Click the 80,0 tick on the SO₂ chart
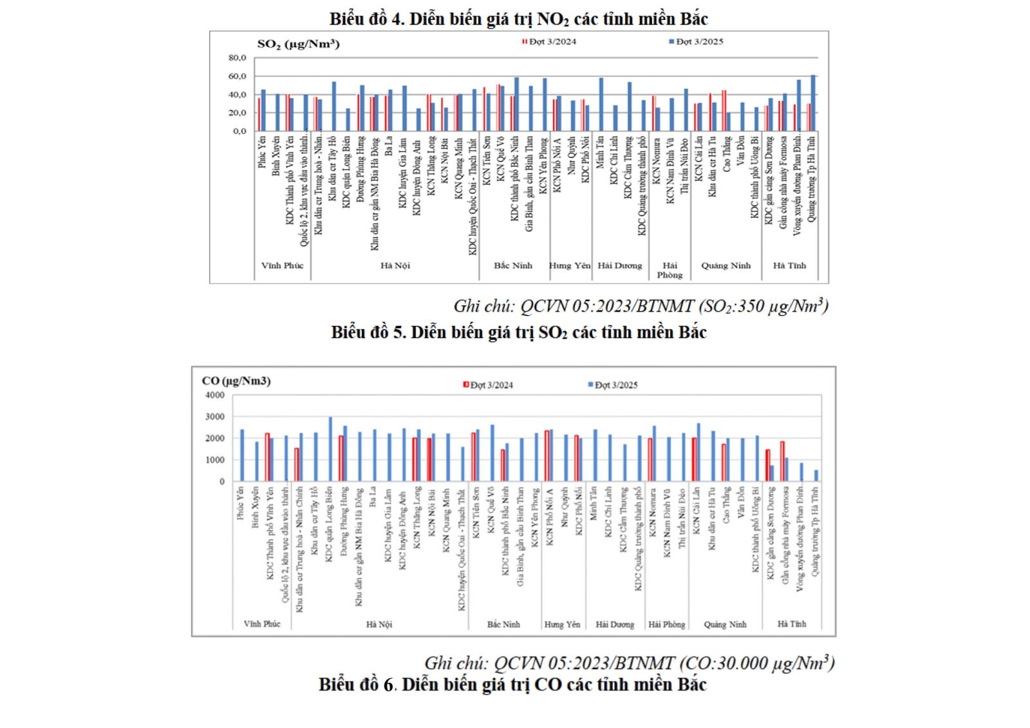coord(237,58)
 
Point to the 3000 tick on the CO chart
coord(215,416)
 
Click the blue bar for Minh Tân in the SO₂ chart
coord(601,104)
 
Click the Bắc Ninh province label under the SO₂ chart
coord(513,265)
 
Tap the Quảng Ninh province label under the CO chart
coord(725,624)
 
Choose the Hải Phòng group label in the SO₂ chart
coord(669,270)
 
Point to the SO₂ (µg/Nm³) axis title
coord(298,44)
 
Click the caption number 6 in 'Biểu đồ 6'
coord(388,684)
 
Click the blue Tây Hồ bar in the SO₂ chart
coord(333,106)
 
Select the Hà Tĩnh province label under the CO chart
coord(791,624)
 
